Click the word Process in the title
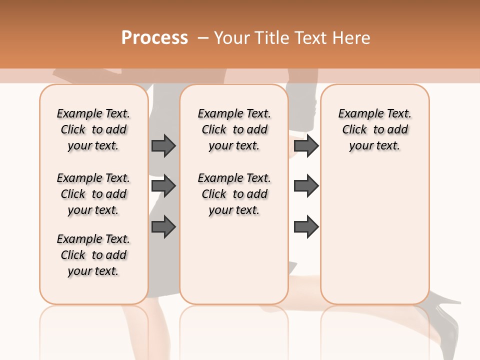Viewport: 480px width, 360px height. click(x=154, y=37)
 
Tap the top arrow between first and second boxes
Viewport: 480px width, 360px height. click(x=163, y=145)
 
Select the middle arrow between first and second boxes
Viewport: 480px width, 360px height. click(x=163, y=186)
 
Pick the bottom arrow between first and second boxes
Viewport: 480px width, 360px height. click(x=163, y=226)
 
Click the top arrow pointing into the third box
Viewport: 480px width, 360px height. click(x=306, y=145)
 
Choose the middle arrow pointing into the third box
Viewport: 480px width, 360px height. click(x=306, y=186)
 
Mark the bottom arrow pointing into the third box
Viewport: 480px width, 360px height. click(x=306, y=226)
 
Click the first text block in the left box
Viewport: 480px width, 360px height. click(x=93, y=129)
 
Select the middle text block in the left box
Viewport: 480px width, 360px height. click(x=93, y=194)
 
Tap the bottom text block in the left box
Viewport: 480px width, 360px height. click(x=93, y=255)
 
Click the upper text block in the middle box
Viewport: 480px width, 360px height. click(x=234, y=129)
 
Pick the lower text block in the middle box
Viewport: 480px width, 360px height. click(x=234, y=194)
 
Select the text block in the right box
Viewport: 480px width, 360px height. click(x=374, y=129)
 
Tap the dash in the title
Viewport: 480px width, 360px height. click(x=203, y=37)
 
